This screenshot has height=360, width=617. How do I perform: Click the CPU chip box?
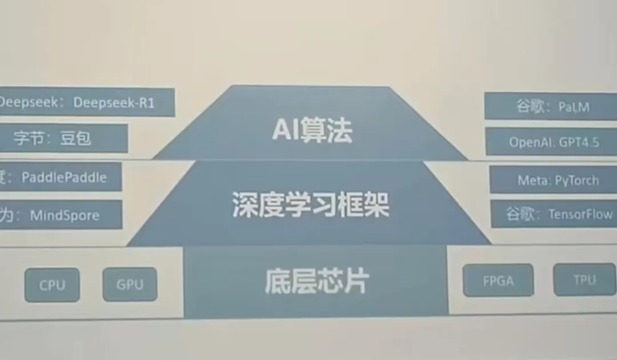click(x=52, y=285)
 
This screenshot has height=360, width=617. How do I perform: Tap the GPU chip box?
click(x=130, y=285)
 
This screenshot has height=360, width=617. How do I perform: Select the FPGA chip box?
click(x=498, y=281)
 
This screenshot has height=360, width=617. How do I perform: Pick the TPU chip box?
click(x=584, y=279)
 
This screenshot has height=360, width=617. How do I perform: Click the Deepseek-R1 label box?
click(x=86, y=102)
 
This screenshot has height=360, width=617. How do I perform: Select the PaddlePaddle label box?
click(x=59, y=177)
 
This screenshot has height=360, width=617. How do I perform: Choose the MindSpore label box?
click(x=60, y=215)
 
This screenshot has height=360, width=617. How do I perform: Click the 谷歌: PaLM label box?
click(x=551, y=106)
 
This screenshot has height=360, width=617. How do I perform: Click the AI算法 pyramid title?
click(x=312, y=131)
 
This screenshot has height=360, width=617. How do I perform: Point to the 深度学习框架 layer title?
click(x=311, y=205)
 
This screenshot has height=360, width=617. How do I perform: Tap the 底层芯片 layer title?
click(x=317, y=281)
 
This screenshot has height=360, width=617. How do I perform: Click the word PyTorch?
click(x=576, y=181)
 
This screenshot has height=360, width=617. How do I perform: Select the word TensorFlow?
click(x=580, y=214)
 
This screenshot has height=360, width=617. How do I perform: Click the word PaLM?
click(x=574, y=106)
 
